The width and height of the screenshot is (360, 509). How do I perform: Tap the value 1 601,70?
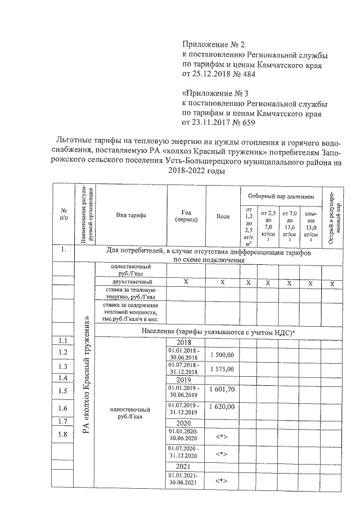(225, 389)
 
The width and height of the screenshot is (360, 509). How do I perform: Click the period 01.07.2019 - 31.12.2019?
(184, 408)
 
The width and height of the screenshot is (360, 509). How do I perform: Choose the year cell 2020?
(184, 422)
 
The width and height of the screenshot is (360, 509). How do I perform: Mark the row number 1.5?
(63, 391)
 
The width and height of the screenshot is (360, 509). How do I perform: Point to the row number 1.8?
(63, 434)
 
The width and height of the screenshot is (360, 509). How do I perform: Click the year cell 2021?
(184, 466)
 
